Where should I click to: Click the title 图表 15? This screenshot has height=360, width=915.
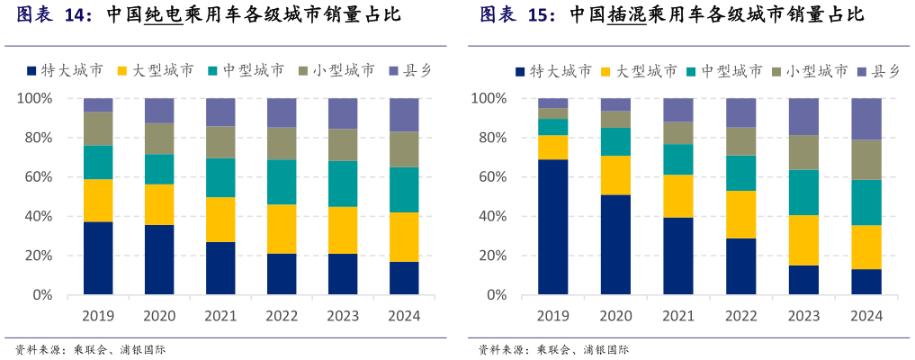(517, 16)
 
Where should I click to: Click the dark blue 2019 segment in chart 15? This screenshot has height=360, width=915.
(553, 227)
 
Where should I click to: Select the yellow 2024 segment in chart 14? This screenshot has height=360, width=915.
(404, 237)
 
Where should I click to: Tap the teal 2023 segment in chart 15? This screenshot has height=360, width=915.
(803, 193)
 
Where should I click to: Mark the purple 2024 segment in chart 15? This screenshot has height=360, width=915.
(866, 119)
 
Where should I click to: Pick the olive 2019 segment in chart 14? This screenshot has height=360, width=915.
(98, 129)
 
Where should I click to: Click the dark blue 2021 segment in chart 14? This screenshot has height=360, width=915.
(220, 268)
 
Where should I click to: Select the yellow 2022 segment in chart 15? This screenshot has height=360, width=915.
(741, 214)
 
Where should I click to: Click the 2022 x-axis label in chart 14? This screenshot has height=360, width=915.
(282, 317)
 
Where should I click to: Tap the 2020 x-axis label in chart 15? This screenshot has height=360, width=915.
(615, 317)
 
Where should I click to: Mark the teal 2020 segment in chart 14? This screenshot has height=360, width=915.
(159, 169)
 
